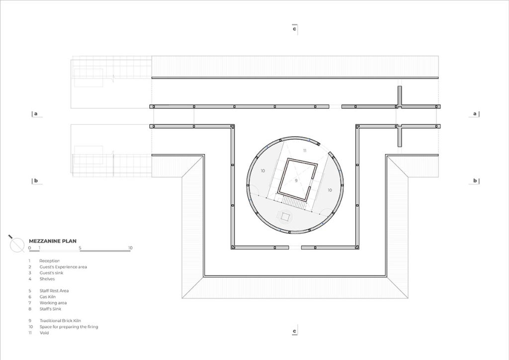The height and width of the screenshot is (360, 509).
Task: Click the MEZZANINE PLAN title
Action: click(53, 241)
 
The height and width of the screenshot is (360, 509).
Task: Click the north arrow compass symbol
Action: click(17, 245)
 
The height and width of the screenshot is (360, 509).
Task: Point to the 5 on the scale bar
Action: click(80, 248)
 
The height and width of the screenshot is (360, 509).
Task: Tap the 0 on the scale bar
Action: click(29, 248)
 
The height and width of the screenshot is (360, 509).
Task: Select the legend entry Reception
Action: click(49, 261)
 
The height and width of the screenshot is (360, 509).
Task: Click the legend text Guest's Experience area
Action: click(63, 267)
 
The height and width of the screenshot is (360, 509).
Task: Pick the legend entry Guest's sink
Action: click(51, 272)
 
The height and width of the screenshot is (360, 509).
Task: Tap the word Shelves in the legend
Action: click(47, 279)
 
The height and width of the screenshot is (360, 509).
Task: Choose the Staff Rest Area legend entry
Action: click(54, 291)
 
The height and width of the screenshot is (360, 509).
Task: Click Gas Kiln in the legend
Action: click(47, 297)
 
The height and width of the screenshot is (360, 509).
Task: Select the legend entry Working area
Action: click(53, 303)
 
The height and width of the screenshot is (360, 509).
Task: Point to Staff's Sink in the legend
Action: click(50, 309)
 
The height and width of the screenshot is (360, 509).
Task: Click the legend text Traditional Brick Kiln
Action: click(60, 321)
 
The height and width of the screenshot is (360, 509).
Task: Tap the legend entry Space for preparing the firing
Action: click(69, 327)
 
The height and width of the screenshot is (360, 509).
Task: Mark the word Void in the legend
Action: click(44, 333)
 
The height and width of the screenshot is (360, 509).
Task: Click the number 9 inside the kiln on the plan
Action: click(296, 180)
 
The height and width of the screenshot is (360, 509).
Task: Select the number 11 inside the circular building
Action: click(305, 151)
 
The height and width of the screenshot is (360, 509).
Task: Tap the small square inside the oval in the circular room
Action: click(286, 216)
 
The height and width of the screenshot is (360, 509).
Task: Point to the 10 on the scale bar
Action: click(130, 248)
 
